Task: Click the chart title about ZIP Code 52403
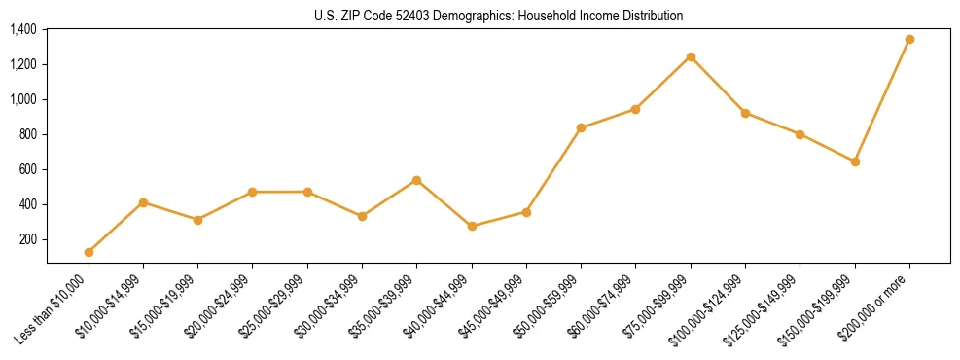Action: [498, 16]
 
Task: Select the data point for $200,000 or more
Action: [909, 40]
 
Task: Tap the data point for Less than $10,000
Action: [89, 252]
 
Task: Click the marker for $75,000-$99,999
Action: [691, 56]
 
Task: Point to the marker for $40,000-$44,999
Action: [472, 226]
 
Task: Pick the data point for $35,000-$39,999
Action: [417, 180]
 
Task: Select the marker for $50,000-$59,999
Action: [581, 127]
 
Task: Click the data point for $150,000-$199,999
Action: [855, 162]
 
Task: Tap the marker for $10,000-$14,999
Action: [143, 202]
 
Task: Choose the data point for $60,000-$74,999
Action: [636, 109]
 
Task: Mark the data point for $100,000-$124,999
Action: [745, 113]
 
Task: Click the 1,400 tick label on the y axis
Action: [22, 29]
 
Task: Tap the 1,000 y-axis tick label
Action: [22, 99]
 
